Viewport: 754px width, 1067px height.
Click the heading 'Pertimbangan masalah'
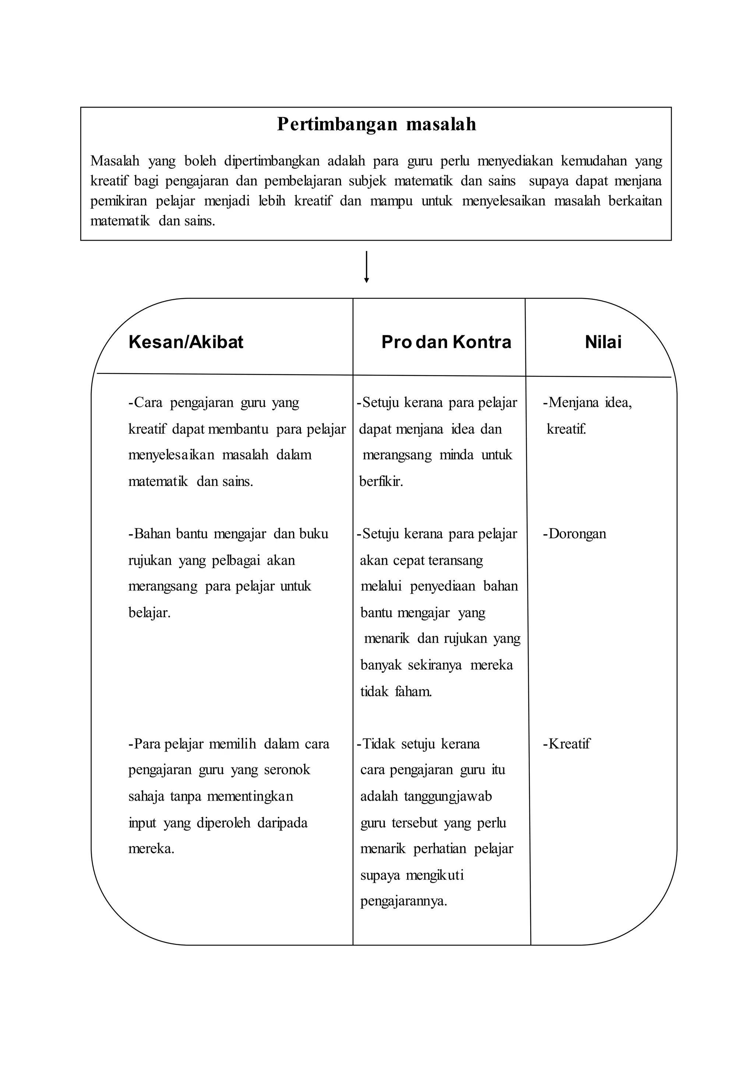377,125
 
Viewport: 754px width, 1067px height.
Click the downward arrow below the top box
366,267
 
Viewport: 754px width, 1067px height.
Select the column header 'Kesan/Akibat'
186,342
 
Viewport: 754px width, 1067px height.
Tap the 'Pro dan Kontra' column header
446,342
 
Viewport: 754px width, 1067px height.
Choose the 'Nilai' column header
603,342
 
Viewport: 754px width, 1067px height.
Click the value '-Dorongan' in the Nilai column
574,533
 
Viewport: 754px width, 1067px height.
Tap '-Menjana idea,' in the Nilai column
587,402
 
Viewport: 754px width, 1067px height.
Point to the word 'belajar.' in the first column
149,612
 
